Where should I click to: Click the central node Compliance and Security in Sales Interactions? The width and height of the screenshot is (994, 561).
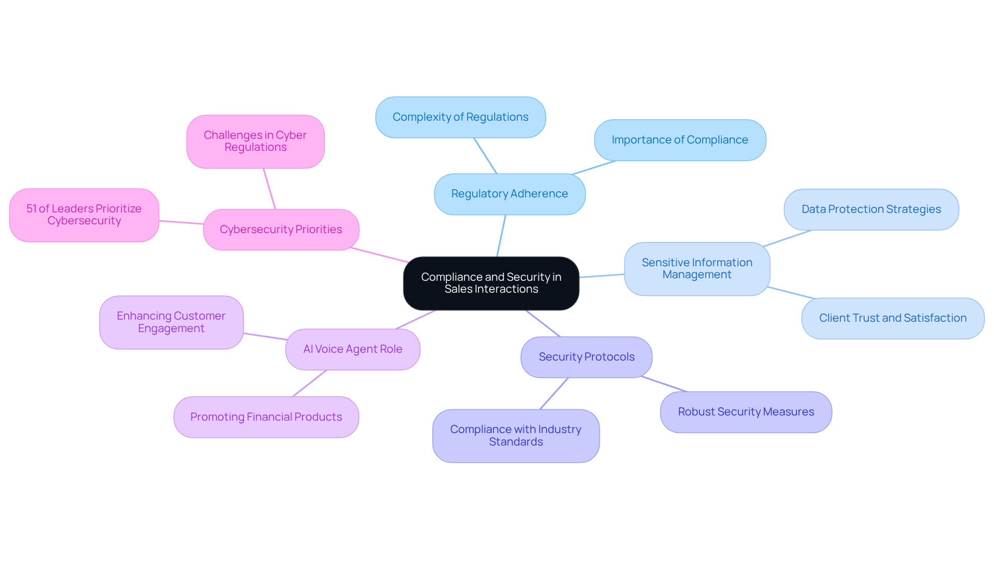[x=491, y=283]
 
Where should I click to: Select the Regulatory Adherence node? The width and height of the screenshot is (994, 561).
[x=509, y=194]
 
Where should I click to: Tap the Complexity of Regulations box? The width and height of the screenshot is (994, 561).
[x=460, y=117]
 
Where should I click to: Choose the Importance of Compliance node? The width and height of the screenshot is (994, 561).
[x=679, y=140]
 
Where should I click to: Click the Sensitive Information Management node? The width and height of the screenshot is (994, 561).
[x=697, y=269]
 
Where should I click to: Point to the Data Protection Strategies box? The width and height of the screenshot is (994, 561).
[x=871, y=209]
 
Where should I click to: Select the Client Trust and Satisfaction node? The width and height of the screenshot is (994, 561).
[x=892, y=318]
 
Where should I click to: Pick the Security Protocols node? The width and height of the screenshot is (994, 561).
[x=586, y=357]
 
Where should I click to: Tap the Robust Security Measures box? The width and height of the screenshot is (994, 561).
[x=745, y=412]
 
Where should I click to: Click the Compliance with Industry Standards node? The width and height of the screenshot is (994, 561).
[x=516, y=436]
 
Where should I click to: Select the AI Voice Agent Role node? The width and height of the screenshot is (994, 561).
[x=353, y=349]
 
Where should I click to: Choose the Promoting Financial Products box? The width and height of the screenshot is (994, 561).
[x=266, y=417]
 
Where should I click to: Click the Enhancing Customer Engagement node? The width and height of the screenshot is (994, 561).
[x=171, y=322]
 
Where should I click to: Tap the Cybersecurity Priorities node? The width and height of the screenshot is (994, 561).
[x=281, y=229]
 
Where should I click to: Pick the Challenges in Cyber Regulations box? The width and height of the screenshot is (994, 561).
[x=255, y=141]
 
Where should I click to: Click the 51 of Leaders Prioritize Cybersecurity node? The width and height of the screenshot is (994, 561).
[x=84, y=215]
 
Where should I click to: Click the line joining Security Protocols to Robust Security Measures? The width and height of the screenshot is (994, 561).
[x=664, y=384]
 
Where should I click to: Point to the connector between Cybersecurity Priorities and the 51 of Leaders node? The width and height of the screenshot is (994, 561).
[x=181, y=222]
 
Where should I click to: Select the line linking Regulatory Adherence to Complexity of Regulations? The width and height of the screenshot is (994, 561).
[x=485, y=155]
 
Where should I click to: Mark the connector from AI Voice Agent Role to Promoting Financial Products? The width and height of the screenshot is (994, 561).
[x=310, y=383]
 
